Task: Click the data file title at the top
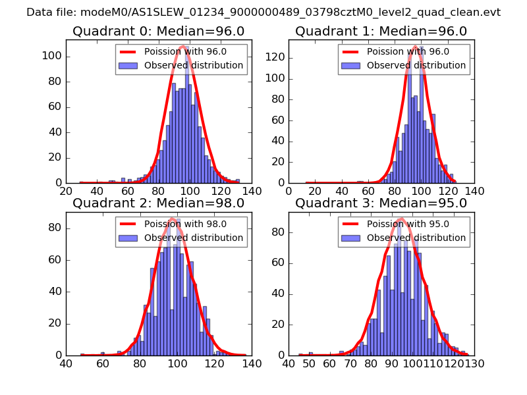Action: [263, 13]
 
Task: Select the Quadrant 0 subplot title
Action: [158, 31]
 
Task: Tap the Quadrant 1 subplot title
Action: [381, 31]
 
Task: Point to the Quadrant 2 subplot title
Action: [158, 203]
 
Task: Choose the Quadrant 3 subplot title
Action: [381, 203]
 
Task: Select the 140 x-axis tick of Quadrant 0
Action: [252, 191]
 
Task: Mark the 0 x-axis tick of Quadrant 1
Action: [289, 191]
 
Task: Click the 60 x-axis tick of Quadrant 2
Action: [103, 363]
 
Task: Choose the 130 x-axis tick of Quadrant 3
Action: [474, 363]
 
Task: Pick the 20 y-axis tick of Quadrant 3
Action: [279, 323]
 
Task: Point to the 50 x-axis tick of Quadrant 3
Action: [310, 363]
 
